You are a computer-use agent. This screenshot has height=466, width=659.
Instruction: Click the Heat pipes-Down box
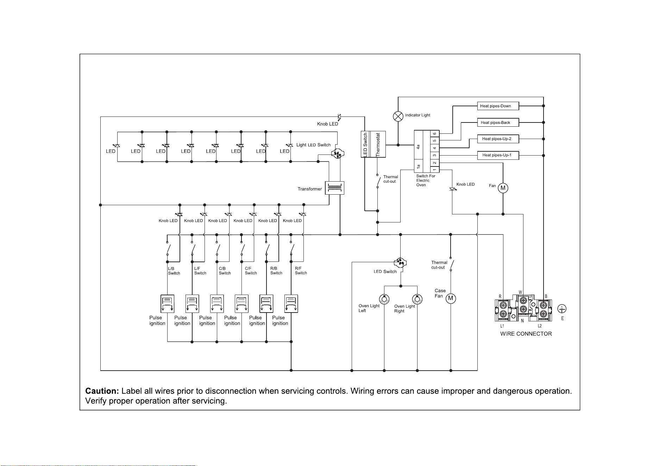[498, 106]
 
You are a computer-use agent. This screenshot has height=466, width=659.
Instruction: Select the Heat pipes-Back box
[498, 122]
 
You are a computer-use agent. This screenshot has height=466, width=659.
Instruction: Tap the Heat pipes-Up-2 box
[498, 139]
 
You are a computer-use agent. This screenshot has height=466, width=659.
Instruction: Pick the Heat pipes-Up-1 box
[498, 155]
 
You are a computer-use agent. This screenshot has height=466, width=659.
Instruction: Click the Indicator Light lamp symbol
[398, 116]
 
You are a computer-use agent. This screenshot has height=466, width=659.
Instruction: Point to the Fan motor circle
[503, 188]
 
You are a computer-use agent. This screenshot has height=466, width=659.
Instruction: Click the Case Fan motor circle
[451, 299]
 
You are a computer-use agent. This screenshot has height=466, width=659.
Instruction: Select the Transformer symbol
[334, 188]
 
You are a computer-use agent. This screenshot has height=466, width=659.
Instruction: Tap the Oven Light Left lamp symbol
[384, 299]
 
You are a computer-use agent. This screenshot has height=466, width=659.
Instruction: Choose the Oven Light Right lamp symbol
[417, 299]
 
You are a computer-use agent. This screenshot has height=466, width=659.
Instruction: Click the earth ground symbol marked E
[563, 309]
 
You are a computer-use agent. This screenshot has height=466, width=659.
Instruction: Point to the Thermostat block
[378, 144]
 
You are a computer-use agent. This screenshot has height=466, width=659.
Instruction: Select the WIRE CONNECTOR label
[526, 334]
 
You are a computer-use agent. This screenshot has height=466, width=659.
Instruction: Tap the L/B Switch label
[174, 271]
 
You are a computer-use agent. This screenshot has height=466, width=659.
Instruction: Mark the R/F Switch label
[301, 271]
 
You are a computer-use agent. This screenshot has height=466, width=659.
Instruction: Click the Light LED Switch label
[313, 145]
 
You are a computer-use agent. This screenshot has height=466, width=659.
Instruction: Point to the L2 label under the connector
[540, 326]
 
